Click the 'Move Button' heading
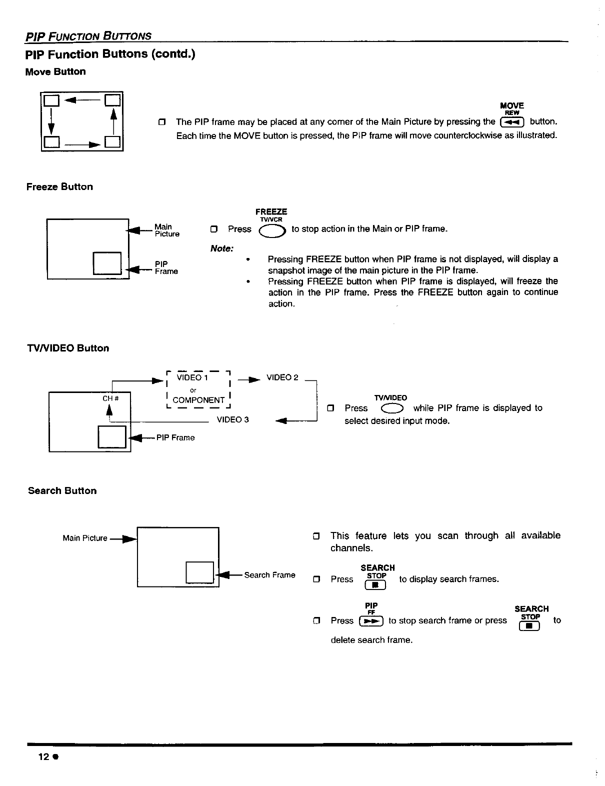pyautogui.click(x=55, y=71)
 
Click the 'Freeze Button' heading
pyautogui.click(x=59, y=186)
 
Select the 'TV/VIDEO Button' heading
pyautogui.click(x=67, y=348)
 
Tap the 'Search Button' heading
pyautogui.click(x=62, y=490)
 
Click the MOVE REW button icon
pyautogui.click(x=511, y=122)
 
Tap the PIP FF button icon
pyautogui.click(x=371, y=621)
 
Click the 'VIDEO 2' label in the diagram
pyautogui.click(x=282, y=377)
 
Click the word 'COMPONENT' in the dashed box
pyautogui.click(x=198, y=400)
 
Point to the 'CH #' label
pyautogui.click(x=109, y=398)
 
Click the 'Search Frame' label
pyautogui.click(x=269, y=575)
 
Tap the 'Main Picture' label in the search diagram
pyautogui.click(x=85, y=538)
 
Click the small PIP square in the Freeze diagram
pyautogui.click(x=107, y=263)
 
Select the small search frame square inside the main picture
pyautogui.click(x=200, y=572)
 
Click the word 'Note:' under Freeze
pyautogui.click(x=222, y=248)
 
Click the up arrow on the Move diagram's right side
pyautogui.click(x=114, y=120)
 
